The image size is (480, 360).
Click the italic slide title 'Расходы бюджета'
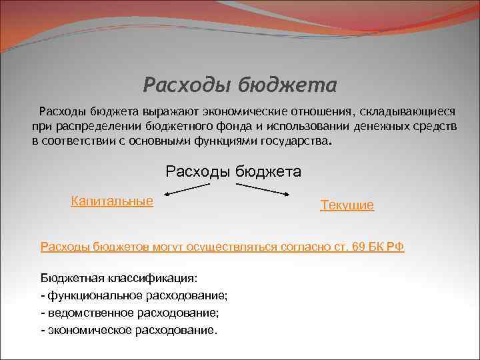[x=240, y=85]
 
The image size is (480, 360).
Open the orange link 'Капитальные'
[x=112, y=201]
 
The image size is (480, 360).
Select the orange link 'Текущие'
[x=347, y=205]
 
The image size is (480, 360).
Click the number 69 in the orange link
[x=358, y=247]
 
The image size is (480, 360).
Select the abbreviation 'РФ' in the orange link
[x=396, y=247]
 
